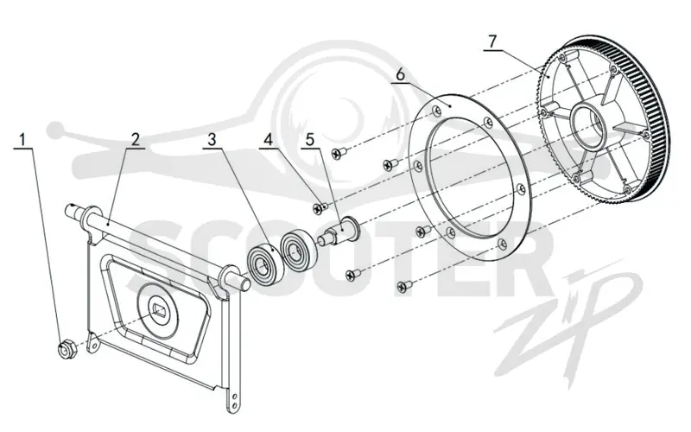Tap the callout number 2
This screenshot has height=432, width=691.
pyautogui.click(x=136, y=140)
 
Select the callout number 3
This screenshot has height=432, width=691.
pyautogui.click(x=212, y=140)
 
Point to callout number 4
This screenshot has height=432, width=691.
pyautogui.click(x=268, y=140)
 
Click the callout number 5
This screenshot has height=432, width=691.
pyautogui.click(x=310, y=140)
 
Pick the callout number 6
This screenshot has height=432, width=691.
pyautogui.click(x=400, y=74)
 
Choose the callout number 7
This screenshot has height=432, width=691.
pyautogui.click(x=492, y=41)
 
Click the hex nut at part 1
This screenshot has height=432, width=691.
pyautogui.click(x=68, y=348)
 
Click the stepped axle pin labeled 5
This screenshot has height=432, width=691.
pyautogui.click(x=339, y=230)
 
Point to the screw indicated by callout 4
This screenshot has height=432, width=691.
pyautogui.click(x=319, y=207)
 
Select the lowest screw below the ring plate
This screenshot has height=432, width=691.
pyautogui.click(x=403, y=286)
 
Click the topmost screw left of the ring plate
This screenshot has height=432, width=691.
pyautogui.click(x=339, y=153)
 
